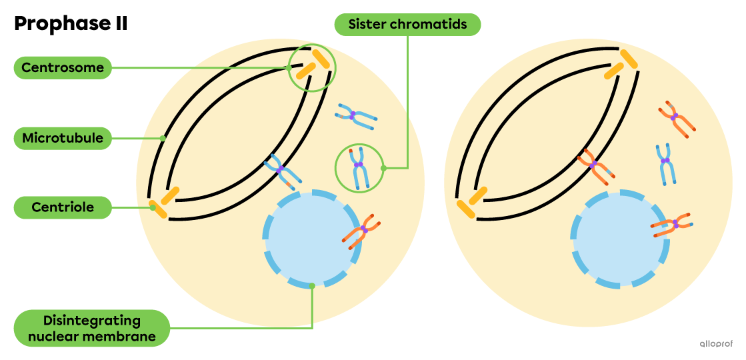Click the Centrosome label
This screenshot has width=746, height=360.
63,67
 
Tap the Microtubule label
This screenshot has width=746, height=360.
63,139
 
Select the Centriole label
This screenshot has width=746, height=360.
63,207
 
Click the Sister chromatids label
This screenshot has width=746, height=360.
407,25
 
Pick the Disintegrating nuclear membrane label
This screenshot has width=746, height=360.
91,328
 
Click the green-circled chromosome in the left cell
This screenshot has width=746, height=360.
359,167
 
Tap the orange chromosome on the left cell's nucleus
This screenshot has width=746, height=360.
363,231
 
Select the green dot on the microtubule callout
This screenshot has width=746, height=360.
163,139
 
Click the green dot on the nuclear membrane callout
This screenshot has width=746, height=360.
312,286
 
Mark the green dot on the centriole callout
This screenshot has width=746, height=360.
153,207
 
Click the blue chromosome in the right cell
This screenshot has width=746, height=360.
665,163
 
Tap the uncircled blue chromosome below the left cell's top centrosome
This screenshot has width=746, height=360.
354,116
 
